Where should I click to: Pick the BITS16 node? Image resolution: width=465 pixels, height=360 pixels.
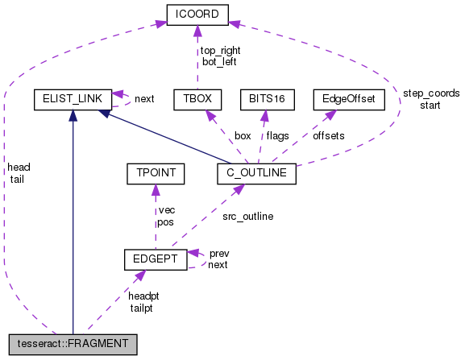[264, 100]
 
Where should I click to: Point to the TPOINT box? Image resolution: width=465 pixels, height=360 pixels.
[156, 172]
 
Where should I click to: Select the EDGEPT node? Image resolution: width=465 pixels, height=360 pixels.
[156, 259]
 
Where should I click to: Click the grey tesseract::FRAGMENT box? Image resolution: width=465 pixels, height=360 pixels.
[72, 345]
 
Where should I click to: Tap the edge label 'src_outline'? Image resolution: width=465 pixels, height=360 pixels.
[247, 216]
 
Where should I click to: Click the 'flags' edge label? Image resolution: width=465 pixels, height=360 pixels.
[279, 135]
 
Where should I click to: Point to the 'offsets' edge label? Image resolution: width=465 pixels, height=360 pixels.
[328, 135]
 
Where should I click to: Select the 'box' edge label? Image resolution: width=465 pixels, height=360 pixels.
[243, 135]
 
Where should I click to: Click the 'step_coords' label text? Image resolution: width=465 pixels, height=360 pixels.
[431, 93]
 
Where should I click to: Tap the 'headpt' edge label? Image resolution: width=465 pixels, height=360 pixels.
[144, 296]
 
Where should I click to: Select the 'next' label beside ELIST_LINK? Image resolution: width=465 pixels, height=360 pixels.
[144, 99]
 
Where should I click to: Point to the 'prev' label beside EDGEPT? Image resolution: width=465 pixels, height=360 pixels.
[218, 253]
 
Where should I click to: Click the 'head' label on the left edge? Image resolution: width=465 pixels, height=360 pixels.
[18, 167]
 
